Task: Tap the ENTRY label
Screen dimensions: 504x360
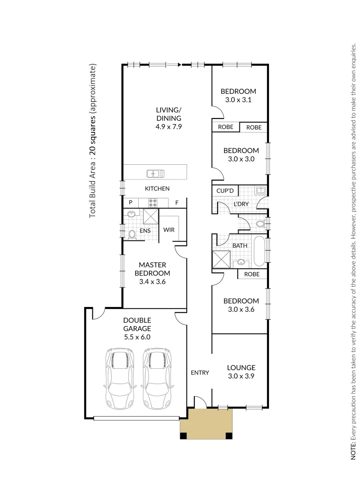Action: [200, 372]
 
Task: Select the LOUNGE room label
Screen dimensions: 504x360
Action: [241, 367]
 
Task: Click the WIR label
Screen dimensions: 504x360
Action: [169, 230]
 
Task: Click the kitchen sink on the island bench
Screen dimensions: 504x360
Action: [155, 174]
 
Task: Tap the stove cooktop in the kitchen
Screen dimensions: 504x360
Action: [153, 203]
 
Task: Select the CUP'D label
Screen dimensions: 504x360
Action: [225, 190]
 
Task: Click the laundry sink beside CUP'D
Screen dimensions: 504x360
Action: [261, 190]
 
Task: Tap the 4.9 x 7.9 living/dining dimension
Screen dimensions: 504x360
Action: [169, 126]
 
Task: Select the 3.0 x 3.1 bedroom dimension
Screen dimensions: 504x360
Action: [238, 99]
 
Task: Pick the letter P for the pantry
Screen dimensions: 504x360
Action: [131, 203]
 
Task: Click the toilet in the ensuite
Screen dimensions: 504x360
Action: [131, 234]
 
